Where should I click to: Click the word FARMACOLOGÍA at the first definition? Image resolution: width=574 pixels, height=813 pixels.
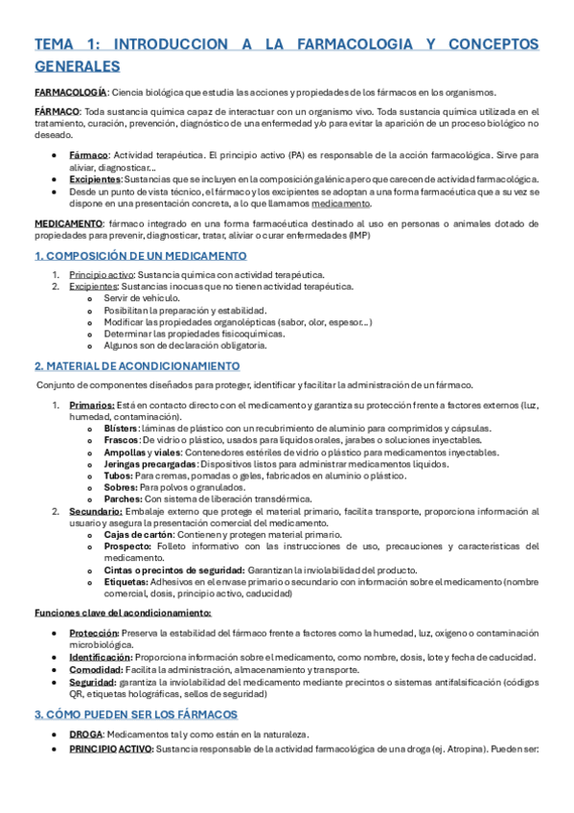click(70, 92)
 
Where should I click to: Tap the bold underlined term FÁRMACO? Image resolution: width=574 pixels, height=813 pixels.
click(57, 112)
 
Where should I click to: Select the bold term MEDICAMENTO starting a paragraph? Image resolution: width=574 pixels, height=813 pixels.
click(70, 222)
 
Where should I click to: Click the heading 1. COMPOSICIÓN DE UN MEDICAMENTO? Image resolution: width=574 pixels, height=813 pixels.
click(140, 256)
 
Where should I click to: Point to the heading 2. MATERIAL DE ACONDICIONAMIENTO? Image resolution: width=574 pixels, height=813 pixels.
click(137, 366)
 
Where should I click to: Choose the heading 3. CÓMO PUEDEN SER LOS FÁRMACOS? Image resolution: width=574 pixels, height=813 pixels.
click(135, 715)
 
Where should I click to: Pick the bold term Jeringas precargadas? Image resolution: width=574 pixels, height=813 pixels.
click(149, 464)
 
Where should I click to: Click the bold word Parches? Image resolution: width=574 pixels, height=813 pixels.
click(121, 499)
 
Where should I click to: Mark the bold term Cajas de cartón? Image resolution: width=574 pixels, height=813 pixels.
click(138, 534)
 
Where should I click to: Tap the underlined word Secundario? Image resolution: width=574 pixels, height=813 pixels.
click(95, 511)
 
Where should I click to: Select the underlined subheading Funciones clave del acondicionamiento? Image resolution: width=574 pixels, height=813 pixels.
click(123, 612)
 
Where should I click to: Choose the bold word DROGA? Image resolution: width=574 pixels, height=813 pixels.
click(86, 733)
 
